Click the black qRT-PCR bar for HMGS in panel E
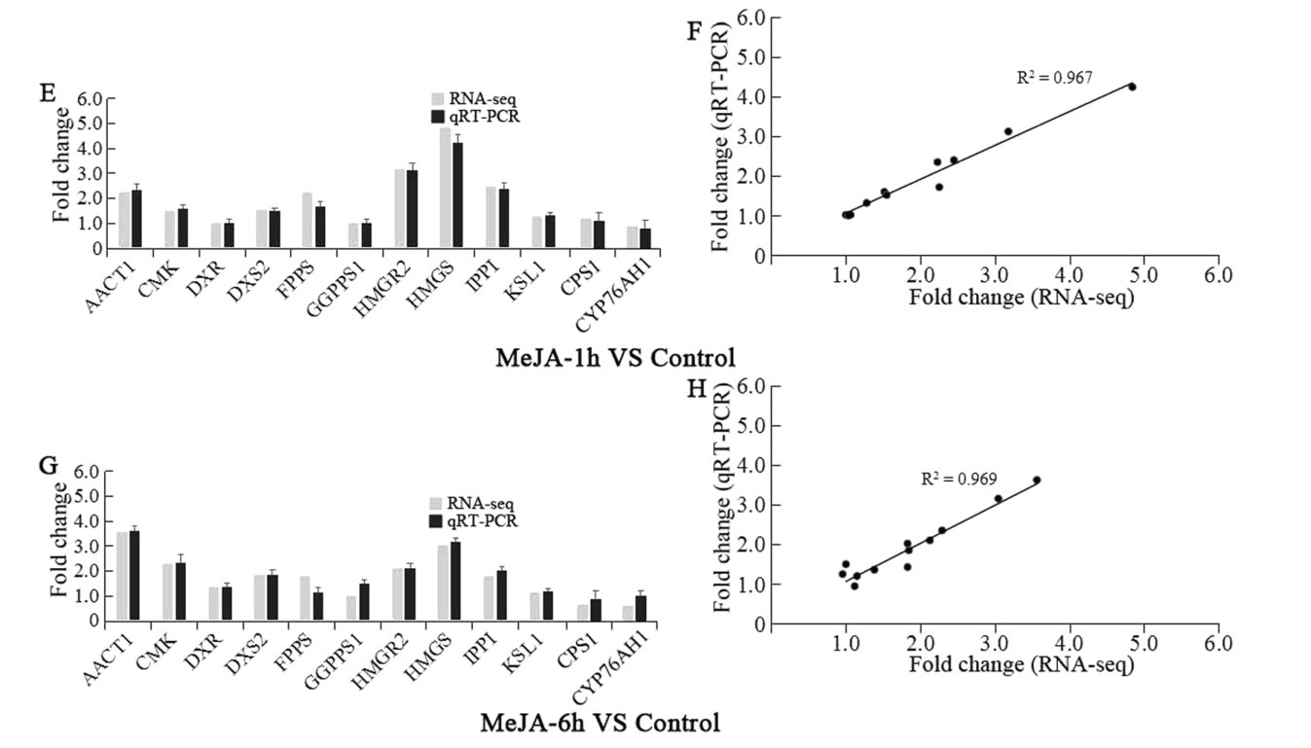click(x=457, y=196)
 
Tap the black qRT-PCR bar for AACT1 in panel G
click(x=134, y=575)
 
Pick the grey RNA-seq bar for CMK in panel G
click(x=167, y=591)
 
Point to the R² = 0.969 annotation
click(x=959, y=479)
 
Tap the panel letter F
click(x=694, y=30)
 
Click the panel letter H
click(x=697, y=389)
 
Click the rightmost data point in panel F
click(x=1132, y=87)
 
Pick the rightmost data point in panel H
click(x=1037, y=480)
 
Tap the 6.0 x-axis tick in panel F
click(x=1218, y=275)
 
